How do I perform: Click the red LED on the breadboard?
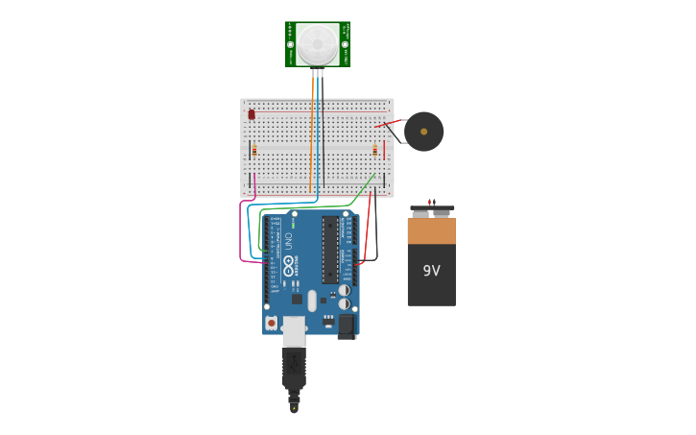pyautogui.click(x=252, y=114)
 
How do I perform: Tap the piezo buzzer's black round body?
pyautogui.click(x=423, y=132)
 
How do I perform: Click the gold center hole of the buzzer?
pyautogui.click(x=423, y=132)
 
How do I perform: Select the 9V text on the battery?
pyautogui.click(x=431, y=270)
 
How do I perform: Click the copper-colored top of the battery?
pyautogui.click(x=431, y=231)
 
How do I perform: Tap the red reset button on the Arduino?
pyautogui.click(x=272, y=323)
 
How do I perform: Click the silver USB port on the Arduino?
pyautogui.click(x=294, y=330)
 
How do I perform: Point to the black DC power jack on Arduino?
pyautogui.click(x=347, y=326)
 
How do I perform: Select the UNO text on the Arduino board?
pyautogui.click(x=287, y=242)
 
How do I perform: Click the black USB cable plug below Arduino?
pyautogui.click(x=294, y=370)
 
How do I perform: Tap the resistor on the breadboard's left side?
pyautogui.click(x=253, y=150)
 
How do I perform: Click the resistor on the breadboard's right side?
pyautogui.click(x=374, y=150)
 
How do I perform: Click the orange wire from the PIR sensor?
pyautogui.click(x=313, y=134)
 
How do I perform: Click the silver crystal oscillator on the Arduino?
pyautogui.click(x=312, y=301)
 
